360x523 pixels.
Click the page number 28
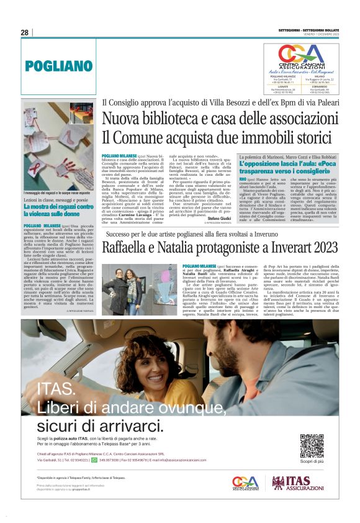(25, 32)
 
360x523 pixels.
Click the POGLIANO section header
(58, 65)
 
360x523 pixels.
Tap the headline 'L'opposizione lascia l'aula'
(289, 165)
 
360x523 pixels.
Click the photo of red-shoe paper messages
(58, 155)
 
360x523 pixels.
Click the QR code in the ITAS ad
(312, 445)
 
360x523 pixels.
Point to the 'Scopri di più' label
(312, 462)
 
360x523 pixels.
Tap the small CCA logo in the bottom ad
(246, 483)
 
